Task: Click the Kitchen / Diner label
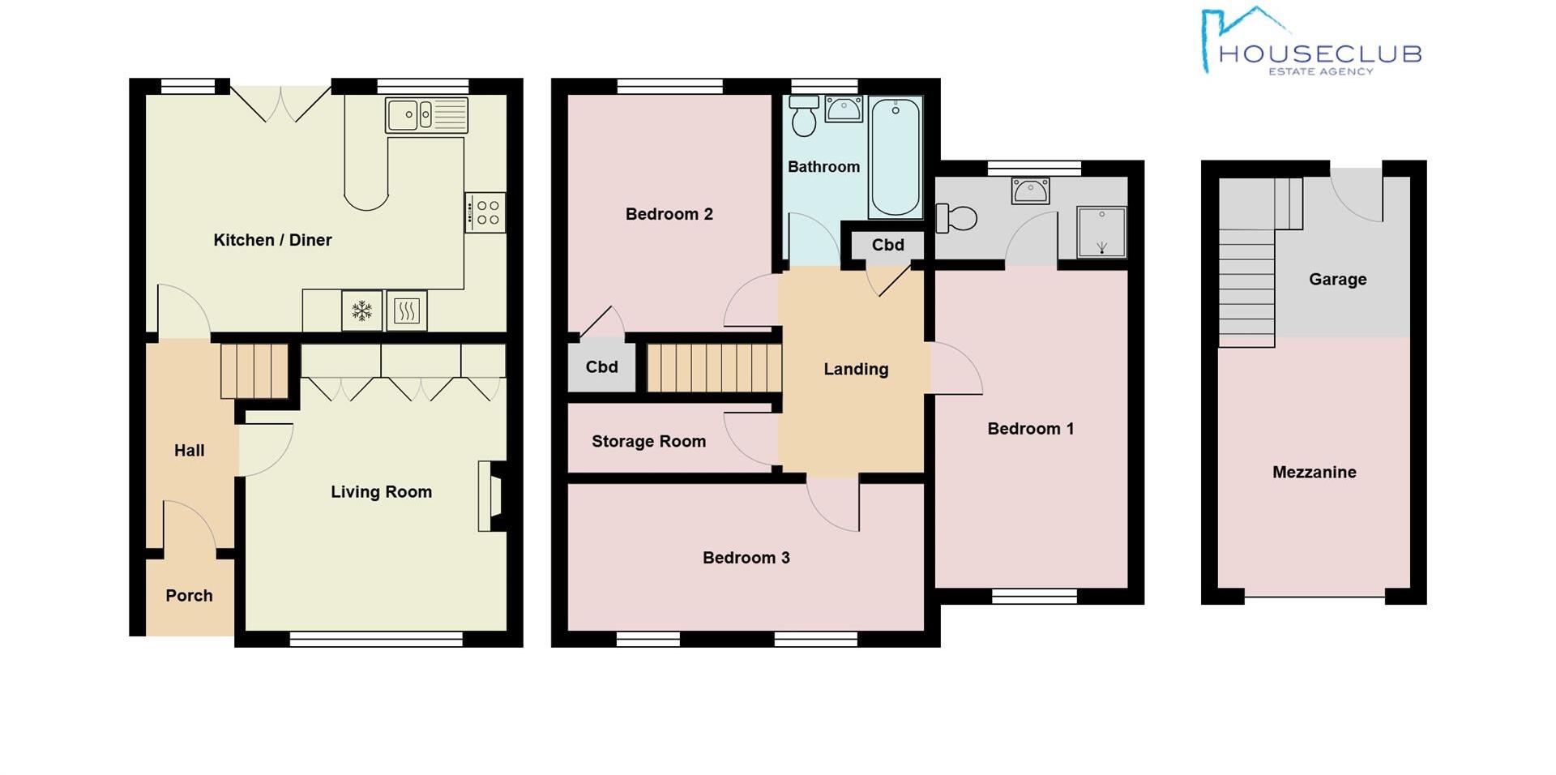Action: pos(272,240)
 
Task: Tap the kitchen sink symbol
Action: pos(426,115)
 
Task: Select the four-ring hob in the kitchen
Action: pos(485,212)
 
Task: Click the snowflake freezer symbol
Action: pos(361,310)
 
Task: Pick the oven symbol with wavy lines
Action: pos(407,310)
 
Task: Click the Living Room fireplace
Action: pos(492,496)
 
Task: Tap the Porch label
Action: pos(189,596)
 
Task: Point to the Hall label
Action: pos(189,451)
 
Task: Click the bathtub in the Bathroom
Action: pos(895,156)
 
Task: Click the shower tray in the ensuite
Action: pos(1101,231)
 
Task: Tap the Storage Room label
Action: pos(648,442)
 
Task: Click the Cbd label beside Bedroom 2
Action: pos(601,367)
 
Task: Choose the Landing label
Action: pos(856,370)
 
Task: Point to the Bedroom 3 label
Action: pos(746,558)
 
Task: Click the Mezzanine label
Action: pos(1314,473)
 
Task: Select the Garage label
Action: pos(1337,280)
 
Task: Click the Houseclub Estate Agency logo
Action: pos(1310,44)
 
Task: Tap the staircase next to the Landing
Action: pos(713,369)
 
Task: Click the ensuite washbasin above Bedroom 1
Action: pos(1030,191)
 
